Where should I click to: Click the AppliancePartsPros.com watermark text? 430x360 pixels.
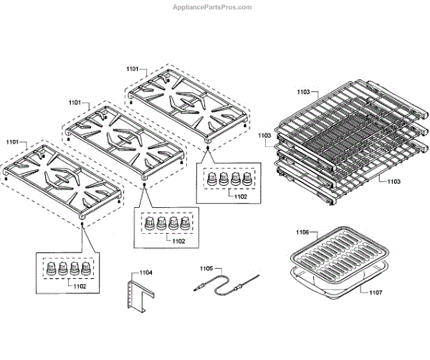212,7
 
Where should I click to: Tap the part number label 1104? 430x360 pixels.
146,273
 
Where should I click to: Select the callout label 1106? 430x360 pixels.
302,232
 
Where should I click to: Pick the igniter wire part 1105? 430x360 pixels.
224,283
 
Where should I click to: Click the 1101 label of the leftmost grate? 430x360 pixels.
13,143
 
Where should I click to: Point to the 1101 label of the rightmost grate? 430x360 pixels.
133,69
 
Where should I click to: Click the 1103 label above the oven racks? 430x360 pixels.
303,92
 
